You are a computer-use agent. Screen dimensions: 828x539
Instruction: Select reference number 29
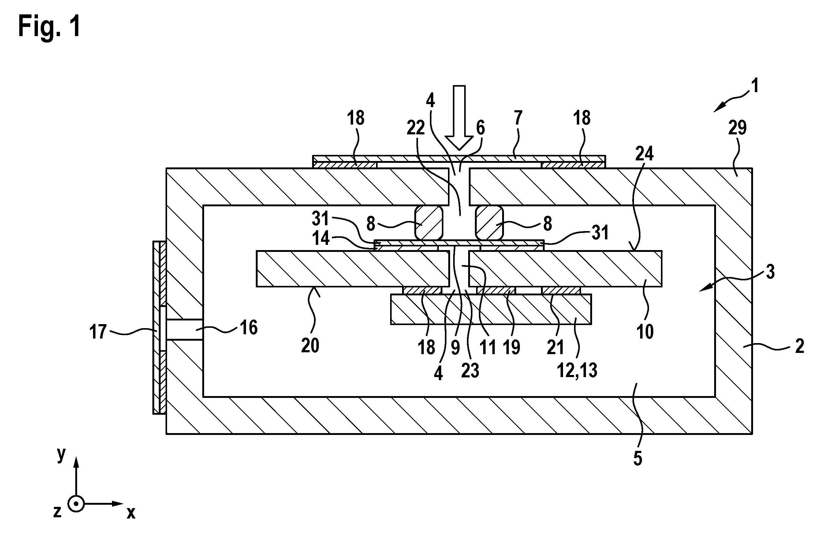737,128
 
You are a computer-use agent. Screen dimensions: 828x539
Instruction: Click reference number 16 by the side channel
249,328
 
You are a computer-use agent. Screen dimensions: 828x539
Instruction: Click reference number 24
644,153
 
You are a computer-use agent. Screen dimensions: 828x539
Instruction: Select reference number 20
310,346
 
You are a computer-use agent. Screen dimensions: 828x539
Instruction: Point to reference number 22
416,128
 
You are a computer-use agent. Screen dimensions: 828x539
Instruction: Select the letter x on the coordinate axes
131,513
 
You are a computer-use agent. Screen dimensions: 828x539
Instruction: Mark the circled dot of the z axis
76,503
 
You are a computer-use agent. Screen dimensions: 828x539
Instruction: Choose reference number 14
320,239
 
